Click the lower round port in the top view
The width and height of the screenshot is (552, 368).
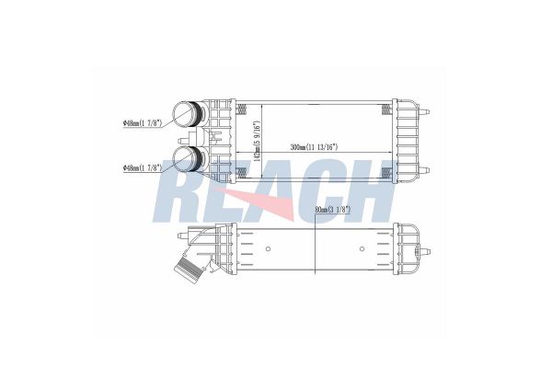[x=188, y=159]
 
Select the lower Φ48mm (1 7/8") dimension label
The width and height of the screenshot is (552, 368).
[x=143, y=168]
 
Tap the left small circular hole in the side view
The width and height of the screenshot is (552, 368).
[x=265, y=247]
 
